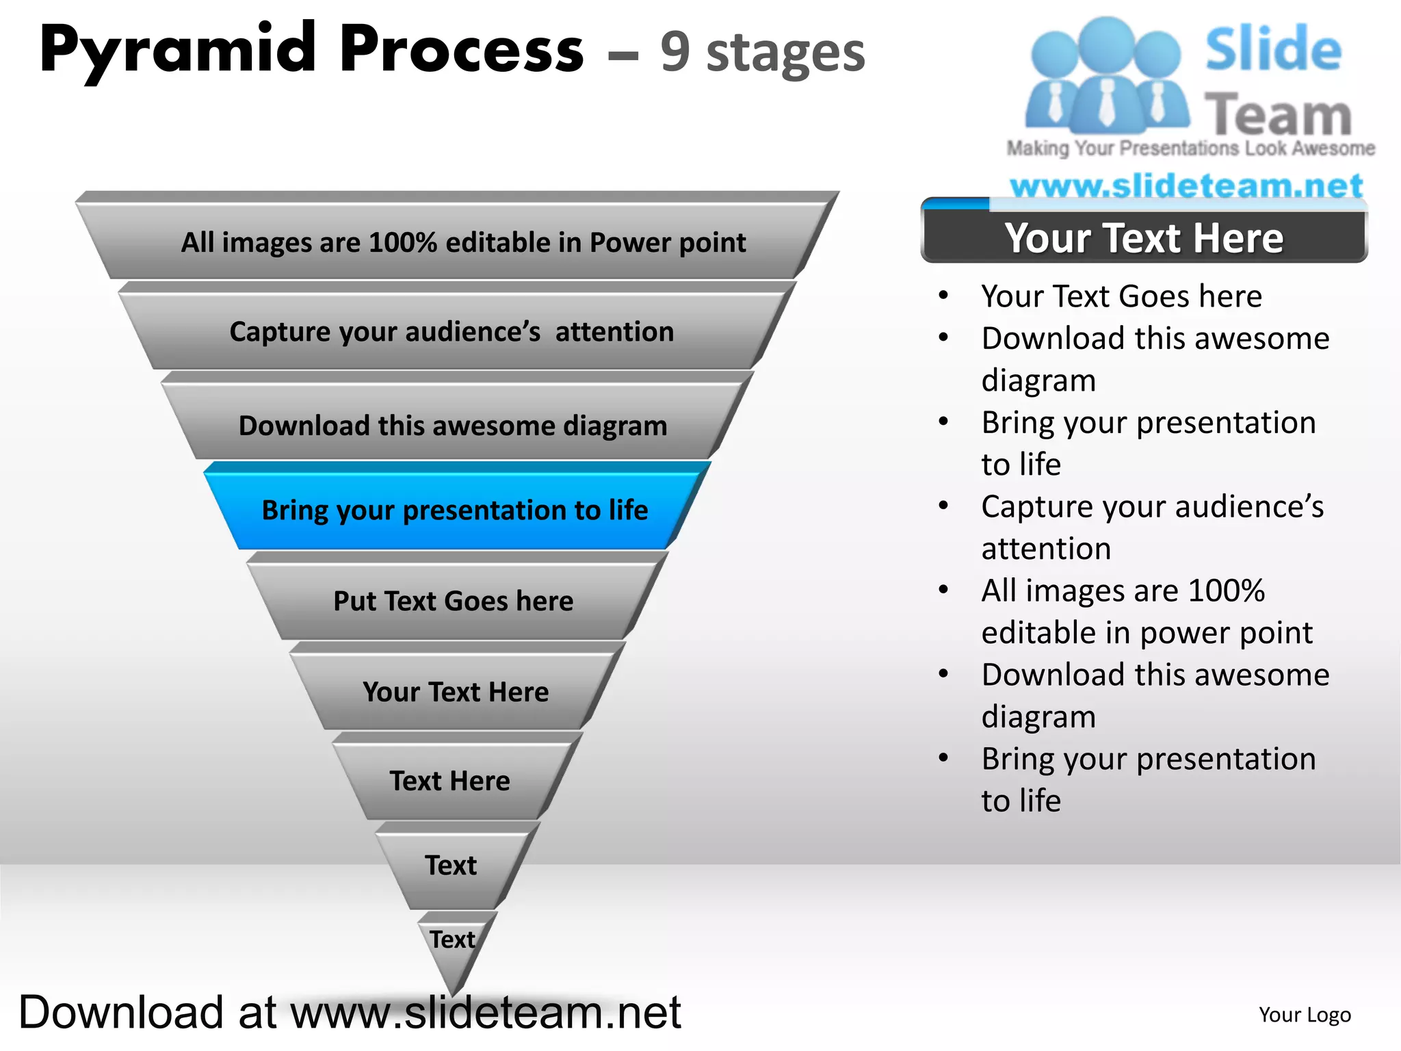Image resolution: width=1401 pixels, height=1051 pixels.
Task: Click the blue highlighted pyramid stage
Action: pos(455,510)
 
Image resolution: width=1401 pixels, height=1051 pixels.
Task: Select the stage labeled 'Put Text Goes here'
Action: pos(454,601)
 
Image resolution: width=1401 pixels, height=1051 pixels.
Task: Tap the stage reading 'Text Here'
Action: pos(450,781)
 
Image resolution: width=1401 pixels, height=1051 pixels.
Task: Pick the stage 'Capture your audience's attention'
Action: pos(452,332)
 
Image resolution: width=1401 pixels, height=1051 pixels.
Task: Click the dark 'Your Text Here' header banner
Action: pos(1144,237)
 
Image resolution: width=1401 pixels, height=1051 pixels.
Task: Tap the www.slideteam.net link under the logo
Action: pos(1186,185)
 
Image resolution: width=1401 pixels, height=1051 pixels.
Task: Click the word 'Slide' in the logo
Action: pos(1272,49)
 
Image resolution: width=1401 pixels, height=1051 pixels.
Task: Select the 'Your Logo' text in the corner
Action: pos(1305,1014)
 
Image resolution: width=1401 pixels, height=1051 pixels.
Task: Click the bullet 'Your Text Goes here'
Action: pos(1121,296)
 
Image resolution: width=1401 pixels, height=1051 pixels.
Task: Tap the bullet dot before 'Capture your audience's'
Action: pos(944,506)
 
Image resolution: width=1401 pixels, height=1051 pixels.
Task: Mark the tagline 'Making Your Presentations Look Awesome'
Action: pos(1190,148)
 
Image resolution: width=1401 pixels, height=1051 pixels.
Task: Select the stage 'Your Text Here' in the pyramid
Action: pos(456,692)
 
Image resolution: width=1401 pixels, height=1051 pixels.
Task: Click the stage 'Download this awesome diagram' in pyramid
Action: pos(453,426)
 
